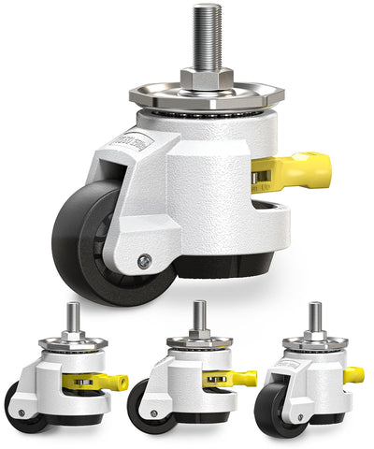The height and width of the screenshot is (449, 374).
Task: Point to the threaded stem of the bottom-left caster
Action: pos(72,316)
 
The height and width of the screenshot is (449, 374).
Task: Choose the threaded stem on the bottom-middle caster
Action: pos(198,316)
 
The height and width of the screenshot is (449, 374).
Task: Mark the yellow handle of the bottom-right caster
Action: pos(352,375)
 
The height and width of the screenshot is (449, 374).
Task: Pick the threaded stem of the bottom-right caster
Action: pos(316,316)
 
